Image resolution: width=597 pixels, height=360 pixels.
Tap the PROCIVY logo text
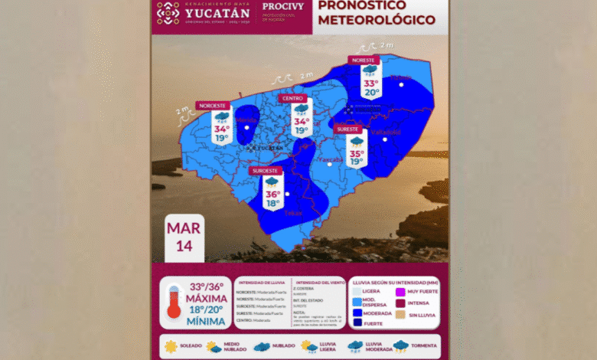click(280, 6)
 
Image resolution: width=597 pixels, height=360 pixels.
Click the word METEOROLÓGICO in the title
click(377, 19)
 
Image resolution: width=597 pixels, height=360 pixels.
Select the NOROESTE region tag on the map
click(214, 105)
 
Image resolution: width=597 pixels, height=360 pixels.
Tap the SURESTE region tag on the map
click(349, 129)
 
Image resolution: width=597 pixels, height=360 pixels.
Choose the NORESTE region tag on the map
click(364, 60)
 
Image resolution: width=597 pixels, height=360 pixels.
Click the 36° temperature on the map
click(272, 195)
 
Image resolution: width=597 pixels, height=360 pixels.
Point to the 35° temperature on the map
click(357, 153)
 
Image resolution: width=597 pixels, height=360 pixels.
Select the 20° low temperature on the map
click(371, 93)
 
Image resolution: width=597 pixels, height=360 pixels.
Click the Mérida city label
click(246, 121)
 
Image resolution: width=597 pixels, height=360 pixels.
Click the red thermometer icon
click(174, 301)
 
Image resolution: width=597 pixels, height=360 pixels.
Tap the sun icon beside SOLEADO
click(170, 346)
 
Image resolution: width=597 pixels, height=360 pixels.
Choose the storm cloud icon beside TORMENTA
click(401, 346)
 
